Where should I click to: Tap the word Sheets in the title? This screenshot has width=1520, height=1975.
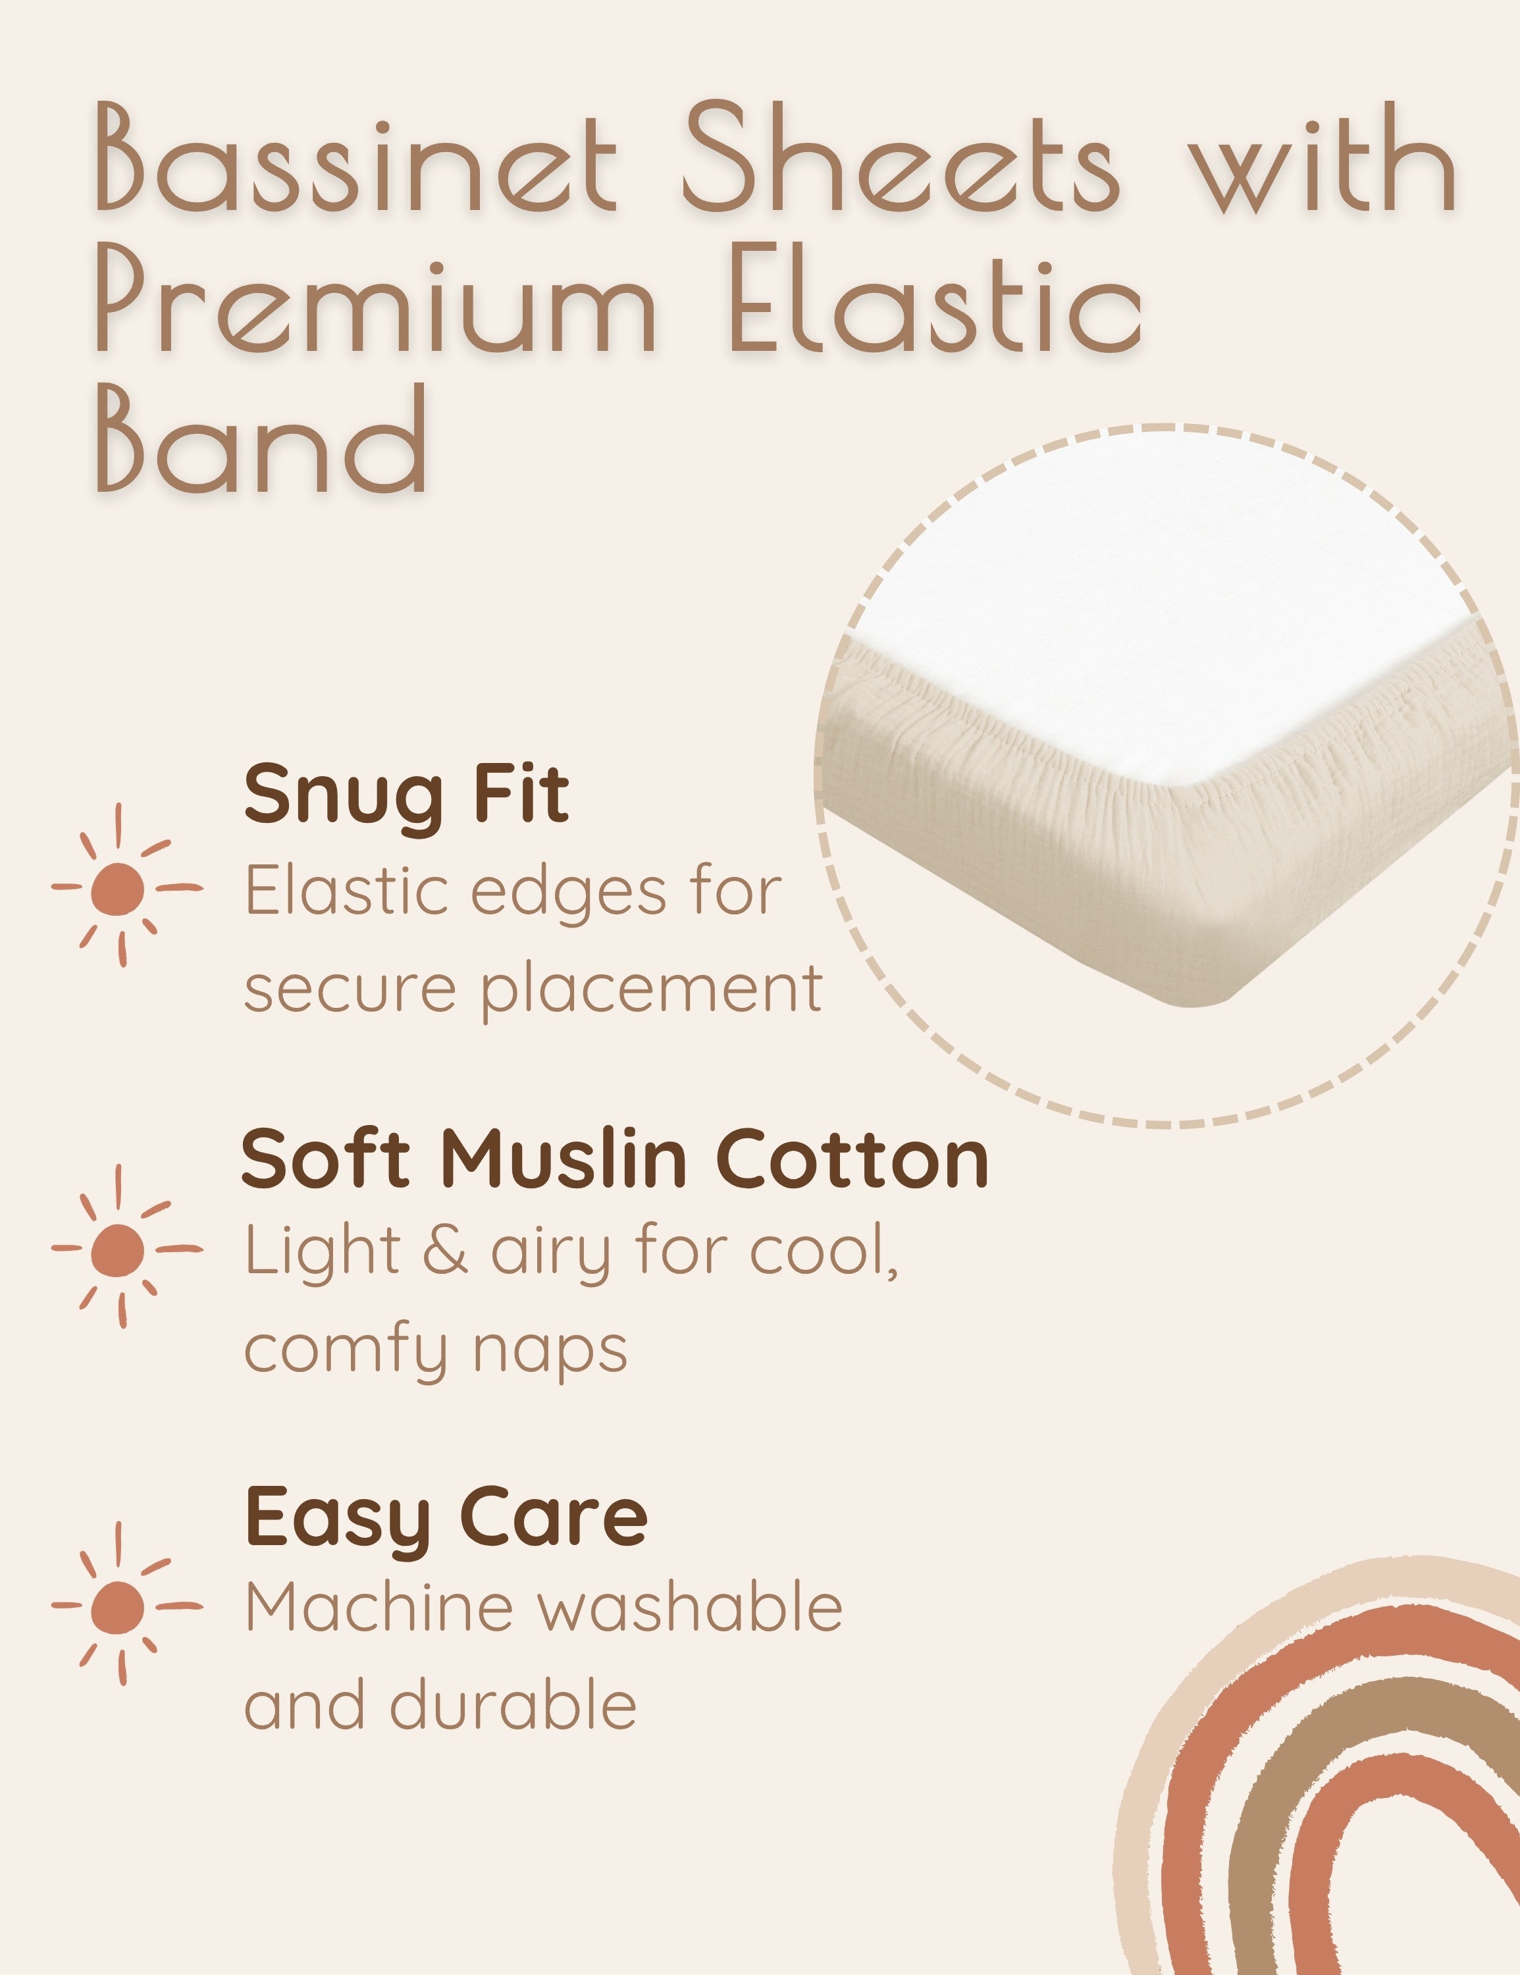pos(900,158)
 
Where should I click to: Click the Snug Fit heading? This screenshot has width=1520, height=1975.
pos(406,796)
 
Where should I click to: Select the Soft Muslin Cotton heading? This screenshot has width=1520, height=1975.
pos(614,1159)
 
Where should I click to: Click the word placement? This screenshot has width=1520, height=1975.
pos(651,990)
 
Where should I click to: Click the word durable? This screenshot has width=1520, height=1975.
pos(513,1706)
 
